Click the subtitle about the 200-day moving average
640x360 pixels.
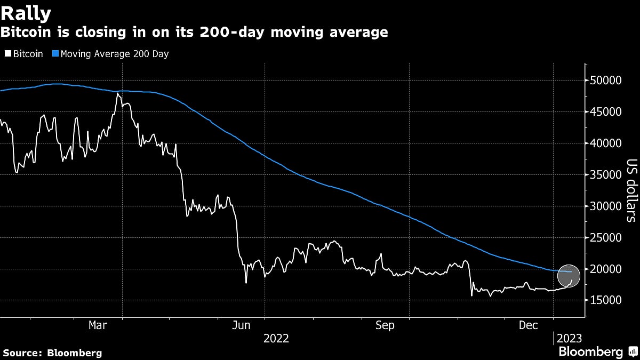pos(194,33)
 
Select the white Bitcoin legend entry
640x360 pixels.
pos(25,54)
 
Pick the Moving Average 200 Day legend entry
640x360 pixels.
pos(110,54)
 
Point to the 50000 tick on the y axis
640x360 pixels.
pos(606,81)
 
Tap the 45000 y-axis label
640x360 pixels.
pos(606,112)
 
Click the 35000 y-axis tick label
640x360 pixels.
pos(606,175)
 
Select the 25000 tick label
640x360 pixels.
pos(606,237)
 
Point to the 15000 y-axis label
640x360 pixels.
pos(606,300)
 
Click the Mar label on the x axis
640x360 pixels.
pos(98,325)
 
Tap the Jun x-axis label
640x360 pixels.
pos(242,325)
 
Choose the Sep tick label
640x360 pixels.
pos(385,325)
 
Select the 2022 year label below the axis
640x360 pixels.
pos(276,339)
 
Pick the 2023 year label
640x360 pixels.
pos(569,339)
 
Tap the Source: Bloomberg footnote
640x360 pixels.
pos(52,353)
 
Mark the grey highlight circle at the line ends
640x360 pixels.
pos(569,276)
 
